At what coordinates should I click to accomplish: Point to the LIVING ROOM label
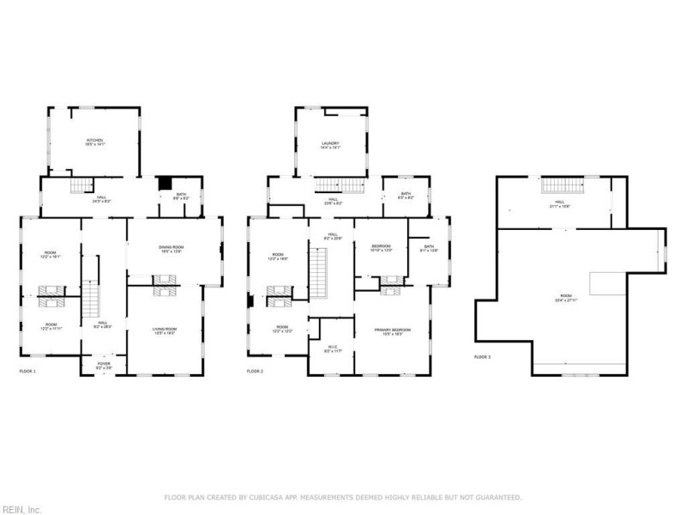tap(164, 331)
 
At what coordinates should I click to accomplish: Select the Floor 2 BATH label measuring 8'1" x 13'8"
tap(428, 249)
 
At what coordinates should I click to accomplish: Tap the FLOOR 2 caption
tap(255, 371)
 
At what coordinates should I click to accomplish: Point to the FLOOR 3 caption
tap(483, 356)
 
